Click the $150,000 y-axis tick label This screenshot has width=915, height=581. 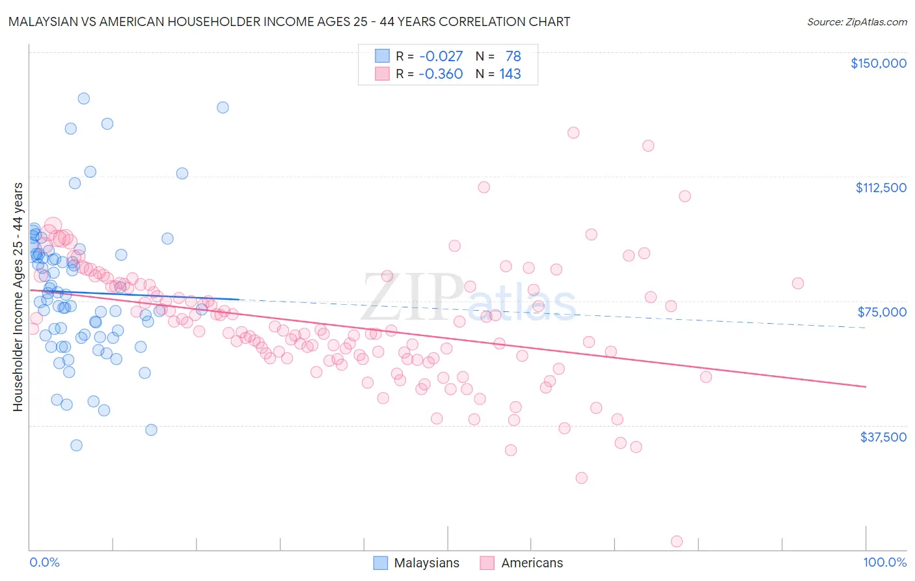[x=878, y=63]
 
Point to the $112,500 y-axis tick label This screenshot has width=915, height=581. [x=881, y=188]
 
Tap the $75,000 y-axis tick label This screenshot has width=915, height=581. [x=882, y=312]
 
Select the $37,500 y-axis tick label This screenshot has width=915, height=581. [x=883, y=437]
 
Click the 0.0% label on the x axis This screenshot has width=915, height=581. [x=44, y=562]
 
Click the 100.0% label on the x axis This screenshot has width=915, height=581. [x=884, y=562]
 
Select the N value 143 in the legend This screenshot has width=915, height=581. [x=510, y=74]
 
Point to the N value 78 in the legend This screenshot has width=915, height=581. [x=513, y=56]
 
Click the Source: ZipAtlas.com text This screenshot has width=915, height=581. [x=856, y=21]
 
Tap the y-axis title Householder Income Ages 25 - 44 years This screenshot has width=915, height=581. [x=18, y=297]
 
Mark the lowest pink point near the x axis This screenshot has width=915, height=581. [x=677, y=542]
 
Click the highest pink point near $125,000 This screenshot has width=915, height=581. [x=573, y=133]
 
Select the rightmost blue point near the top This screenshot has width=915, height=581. [x=223, y=107]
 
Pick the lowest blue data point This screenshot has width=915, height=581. [x=76, y=446]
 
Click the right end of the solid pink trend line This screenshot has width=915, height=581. [x=866, y=387]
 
